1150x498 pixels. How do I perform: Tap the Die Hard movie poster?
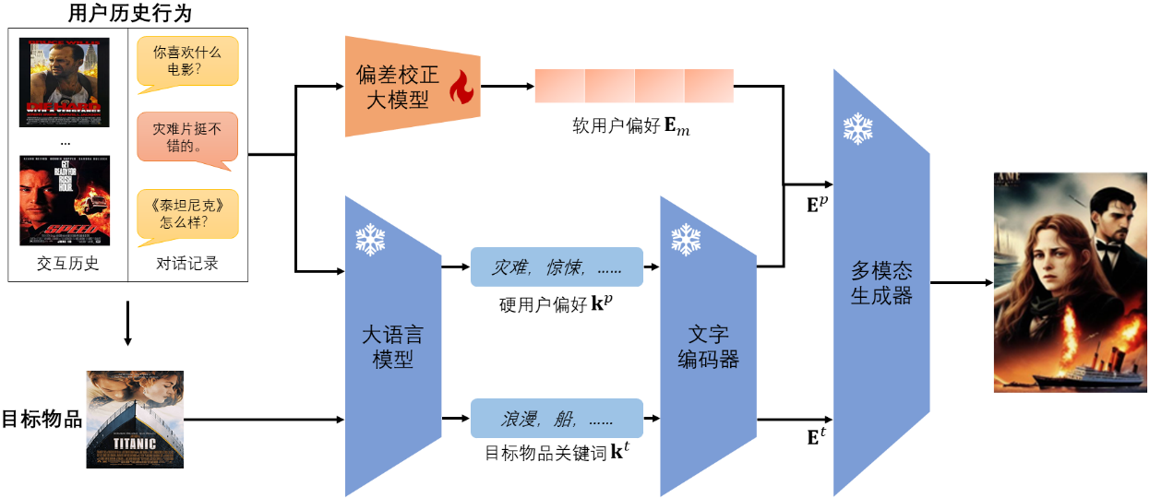coord(64,82)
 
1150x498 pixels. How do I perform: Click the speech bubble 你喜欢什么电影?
coord(186,63)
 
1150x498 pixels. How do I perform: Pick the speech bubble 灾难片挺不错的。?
coord(186,136)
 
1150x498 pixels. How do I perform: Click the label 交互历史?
coord(67,264)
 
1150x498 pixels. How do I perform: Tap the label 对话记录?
coord(186,264)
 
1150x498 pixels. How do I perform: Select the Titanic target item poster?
coord(135,419)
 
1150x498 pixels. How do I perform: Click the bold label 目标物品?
coord(42,420)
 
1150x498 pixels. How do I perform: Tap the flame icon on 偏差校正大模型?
coord(460,89)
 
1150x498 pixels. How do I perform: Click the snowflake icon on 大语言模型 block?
coord(370,240)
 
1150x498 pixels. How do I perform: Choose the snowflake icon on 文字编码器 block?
coord(685,240)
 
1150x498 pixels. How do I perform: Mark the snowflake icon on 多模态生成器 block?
coord(857,129)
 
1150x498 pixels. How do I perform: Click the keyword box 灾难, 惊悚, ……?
coord(557,267)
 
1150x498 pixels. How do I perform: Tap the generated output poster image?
coord(1070,282)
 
